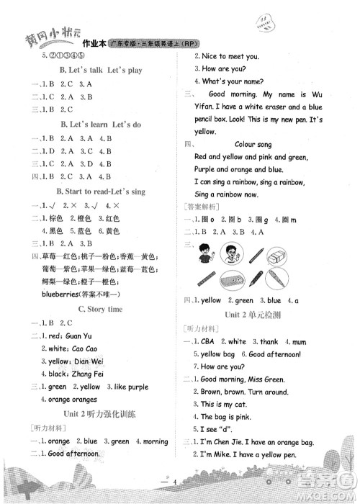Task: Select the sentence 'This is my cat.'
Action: point(228,405)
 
